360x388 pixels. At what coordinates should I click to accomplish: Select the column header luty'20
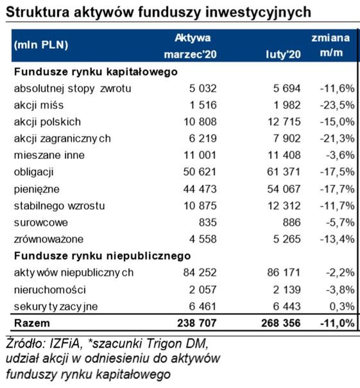283,55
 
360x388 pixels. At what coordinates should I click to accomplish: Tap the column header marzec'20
191,55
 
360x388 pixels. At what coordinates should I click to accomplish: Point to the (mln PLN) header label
40,45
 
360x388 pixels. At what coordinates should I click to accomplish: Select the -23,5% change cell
336,105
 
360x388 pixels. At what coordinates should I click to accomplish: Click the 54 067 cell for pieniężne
284,189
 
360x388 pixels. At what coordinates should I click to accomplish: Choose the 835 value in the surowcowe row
208,223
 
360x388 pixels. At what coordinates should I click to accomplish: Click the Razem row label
32,323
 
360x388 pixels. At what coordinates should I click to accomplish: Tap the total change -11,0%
336,323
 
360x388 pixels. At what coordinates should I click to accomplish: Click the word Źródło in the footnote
24,341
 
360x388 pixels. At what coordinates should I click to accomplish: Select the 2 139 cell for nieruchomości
286,289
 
